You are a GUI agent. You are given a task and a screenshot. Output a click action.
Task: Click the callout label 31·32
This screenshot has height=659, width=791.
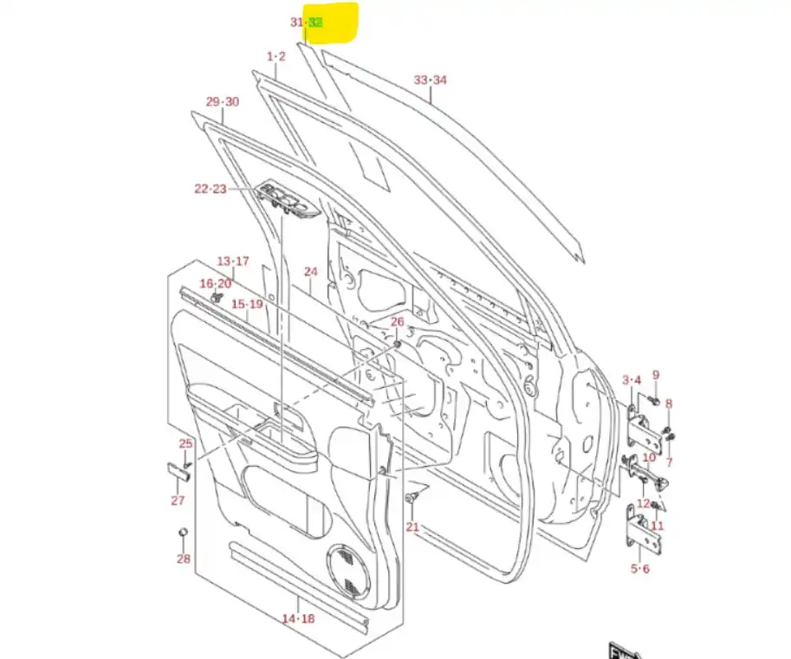306,23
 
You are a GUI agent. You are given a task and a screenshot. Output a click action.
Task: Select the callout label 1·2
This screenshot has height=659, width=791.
276,56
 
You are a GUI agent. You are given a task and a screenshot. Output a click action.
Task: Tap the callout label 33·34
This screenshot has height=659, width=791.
430,81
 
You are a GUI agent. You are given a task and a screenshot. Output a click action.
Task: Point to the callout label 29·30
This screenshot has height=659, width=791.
223,102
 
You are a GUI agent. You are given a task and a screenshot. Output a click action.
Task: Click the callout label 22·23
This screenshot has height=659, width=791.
210,189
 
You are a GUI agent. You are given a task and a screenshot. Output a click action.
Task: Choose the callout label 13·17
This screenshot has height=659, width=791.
232,262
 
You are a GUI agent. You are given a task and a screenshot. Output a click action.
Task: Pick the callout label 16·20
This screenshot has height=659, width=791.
216,284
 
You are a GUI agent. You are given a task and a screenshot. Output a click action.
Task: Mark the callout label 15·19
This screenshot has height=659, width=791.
247,305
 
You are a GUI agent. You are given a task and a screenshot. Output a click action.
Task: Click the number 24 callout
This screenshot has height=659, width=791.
311,272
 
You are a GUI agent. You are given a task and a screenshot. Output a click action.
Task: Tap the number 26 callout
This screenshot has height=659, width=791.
398,323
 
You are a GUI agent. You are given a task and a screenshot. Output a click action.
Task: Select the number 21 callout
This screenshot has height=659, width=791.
412,527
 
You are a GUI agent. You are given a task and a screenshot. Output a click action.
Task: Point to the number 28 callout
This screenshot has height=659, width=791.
184,559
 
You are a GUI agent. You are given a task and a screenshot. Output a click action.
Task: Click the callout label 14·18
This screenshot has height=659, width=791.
298,618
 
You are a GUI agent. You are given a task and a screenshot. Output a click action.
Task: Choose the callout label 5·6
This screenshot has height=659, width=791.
639,569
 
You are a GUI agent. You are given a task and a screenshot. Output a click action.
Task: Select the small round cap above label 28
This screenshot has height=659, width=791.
183,532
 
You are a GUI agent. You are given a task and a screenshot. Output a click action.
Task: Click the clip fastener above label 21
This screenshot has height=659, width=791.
412,497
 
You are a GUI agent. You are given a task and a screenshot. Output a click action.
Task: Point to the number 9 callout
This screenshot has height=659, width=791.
656,375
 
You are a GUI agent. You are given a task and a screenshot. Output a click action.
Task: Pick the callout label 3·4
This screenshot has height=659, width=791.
632,380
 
